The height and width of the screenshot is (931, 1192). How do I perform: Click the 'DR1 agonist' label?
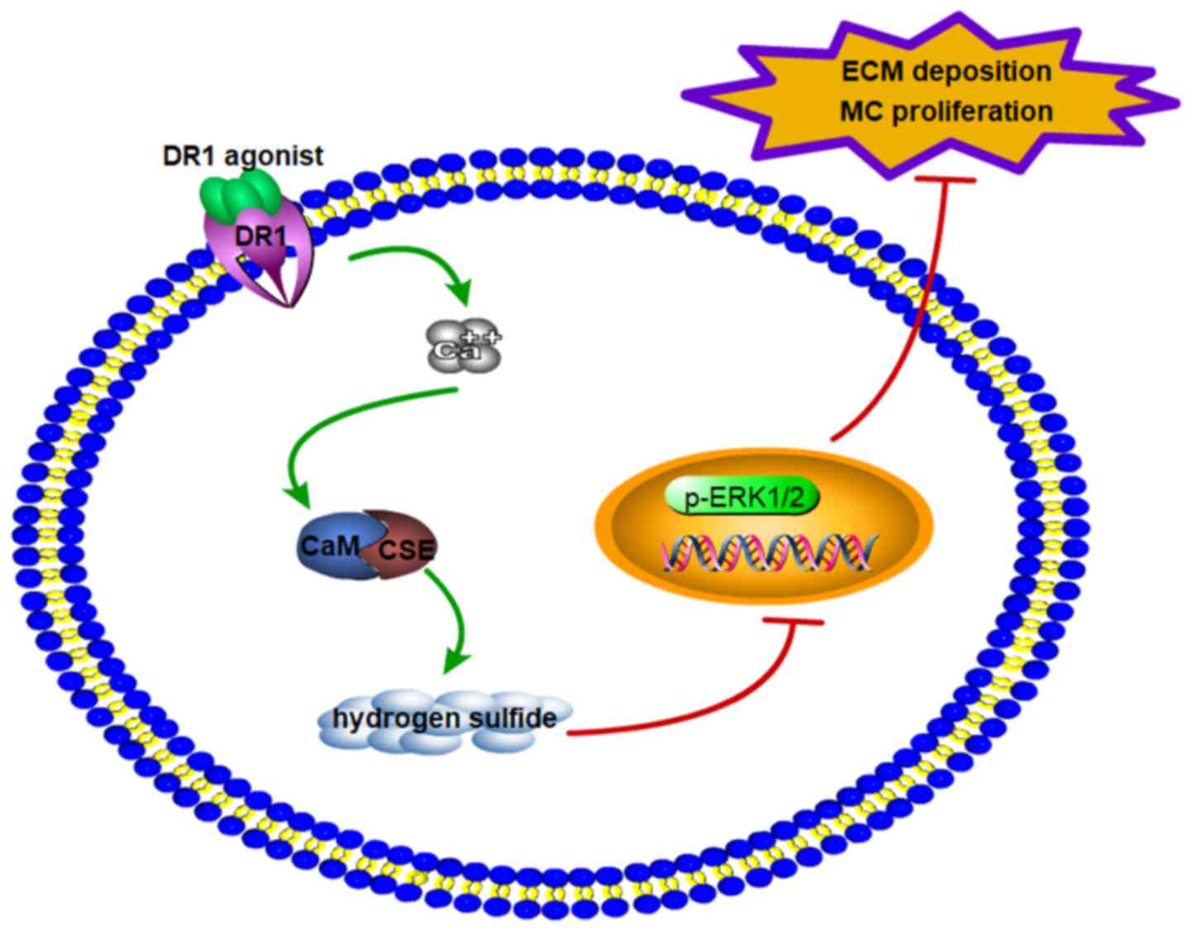(x=242, y=156)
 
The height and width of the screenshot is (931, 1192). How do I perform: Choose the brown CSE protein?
(x=403, y=547)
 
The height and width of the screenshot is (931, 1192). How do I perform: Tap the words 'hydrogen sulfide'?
(x=444, y=717)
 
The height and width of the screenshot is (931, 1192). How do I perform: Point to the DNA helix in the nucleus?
(x=766, y=551)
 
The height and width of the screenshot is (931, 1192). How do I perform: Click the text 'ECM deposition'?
(x=946, y=71)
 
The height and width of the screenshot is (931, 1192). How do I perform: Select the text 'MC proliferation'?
(x=946, y=110)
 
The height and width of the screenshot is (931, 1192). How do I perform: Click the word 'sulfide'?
(x=512, y=717)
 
